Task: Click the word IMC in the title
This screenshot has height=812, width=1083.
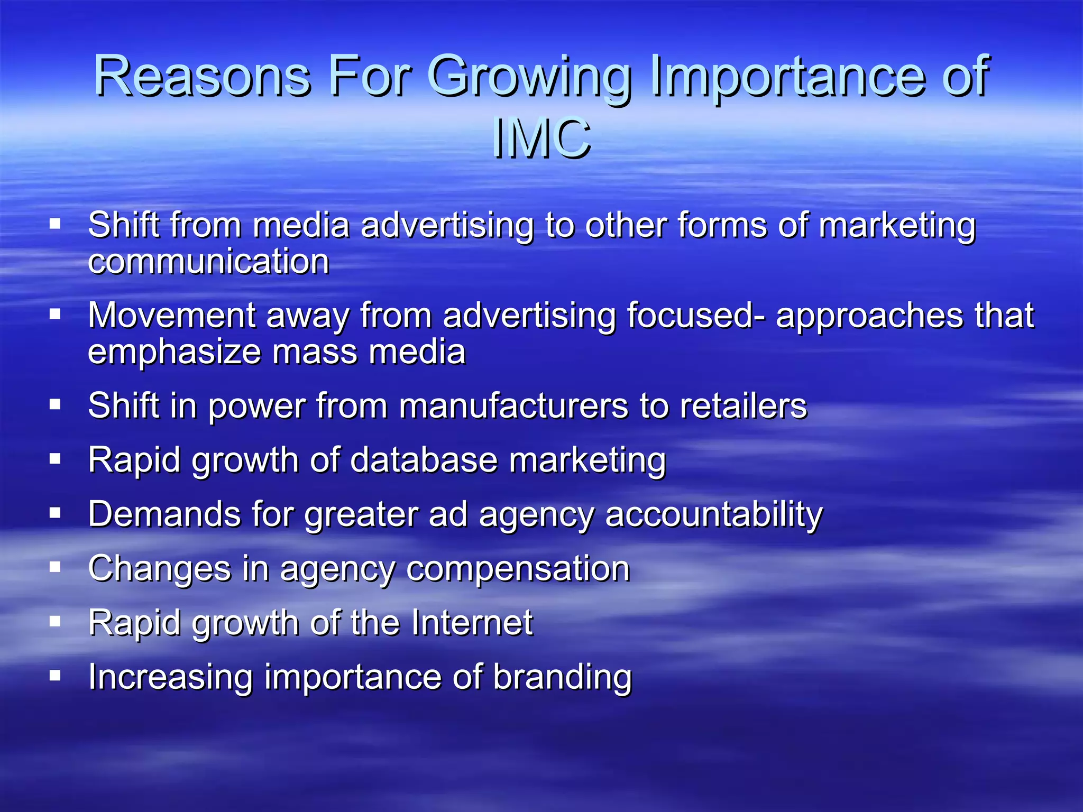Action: tap(541, 139)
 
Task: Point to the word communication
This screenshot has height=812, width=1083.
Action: tap(208, 262)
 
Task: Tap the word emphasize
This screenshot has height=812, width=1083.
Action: tap(174, 353)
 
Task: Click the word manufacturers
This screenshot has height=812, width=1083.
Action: tap(513, 406)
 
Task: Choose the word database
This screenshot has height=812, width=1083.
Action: tap(424, 460)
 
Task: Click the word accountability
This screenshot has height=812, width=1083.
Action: tap(714, 514)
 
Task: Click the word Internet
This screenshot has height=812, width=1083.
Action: tap(472, 623)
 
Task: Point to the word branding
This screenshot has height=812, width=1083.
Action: tap(562, 677)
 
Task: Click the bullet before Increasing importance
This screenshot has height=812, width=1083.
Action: tap(55, 675)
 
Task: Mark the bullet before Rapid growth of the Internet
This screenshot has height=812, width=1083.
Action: tap(55, 621)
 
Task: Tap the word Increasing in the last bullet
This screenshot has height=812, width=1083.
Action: tap(170, 677)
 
